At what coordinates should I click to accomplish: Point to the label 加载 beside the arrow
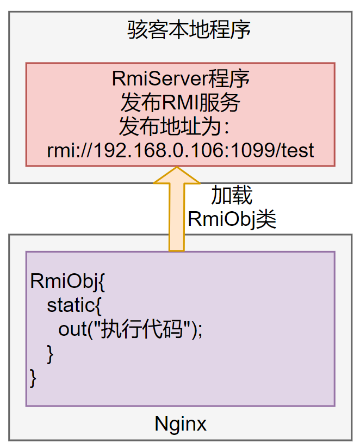click(x=231, y=195)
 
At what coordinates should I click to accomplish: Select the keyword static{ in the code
click(x=74, y=305)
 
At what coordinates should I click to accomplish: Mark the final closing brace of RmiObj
click(x=33, y=377)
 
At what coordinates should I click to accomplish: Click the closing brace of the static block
click(x=51, y=353)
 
